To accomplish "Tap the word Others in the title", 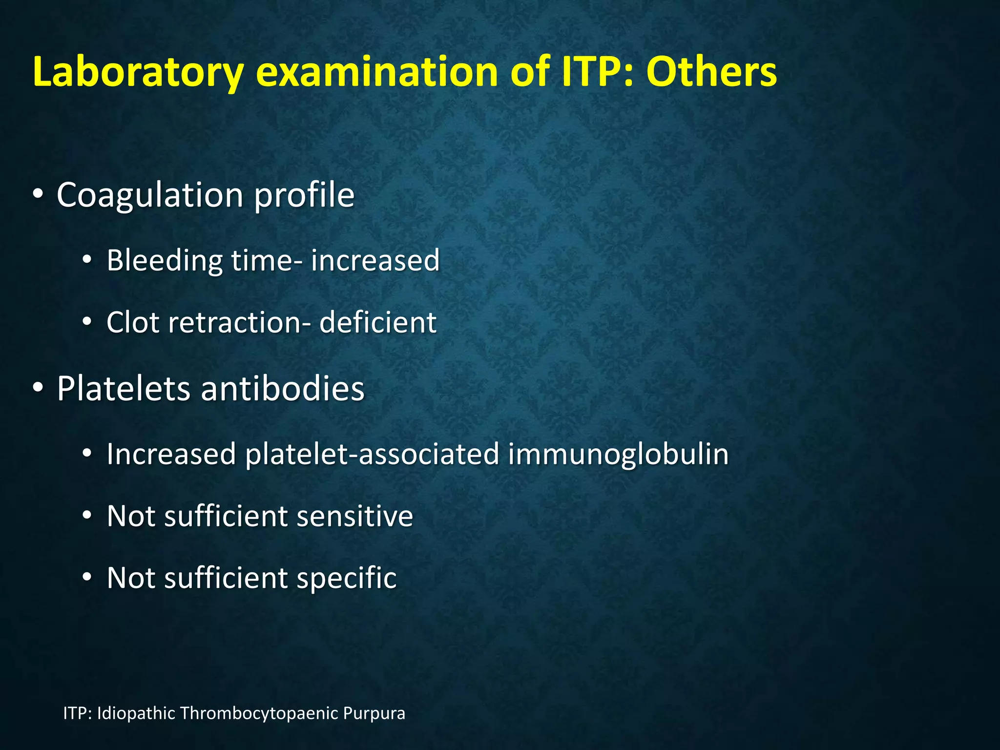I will point(711,72).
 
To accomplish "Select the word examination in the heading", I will point(377,72).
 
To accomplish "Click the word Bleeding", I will point(164,260).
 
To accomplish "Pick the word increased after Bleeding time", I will point(375,260).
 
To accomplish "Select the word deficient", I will point(377,322).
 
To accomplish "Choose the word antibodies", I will point(283,389).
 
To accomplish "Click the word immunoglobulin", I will point(618,454).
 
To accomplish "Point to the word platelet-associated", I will point(372,454).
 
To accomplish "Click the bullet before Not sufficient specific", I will point(87,578).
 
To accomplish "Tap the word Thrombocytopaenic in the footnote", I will point(259,713).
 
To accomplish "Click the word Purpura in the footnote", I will point(374,713).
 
